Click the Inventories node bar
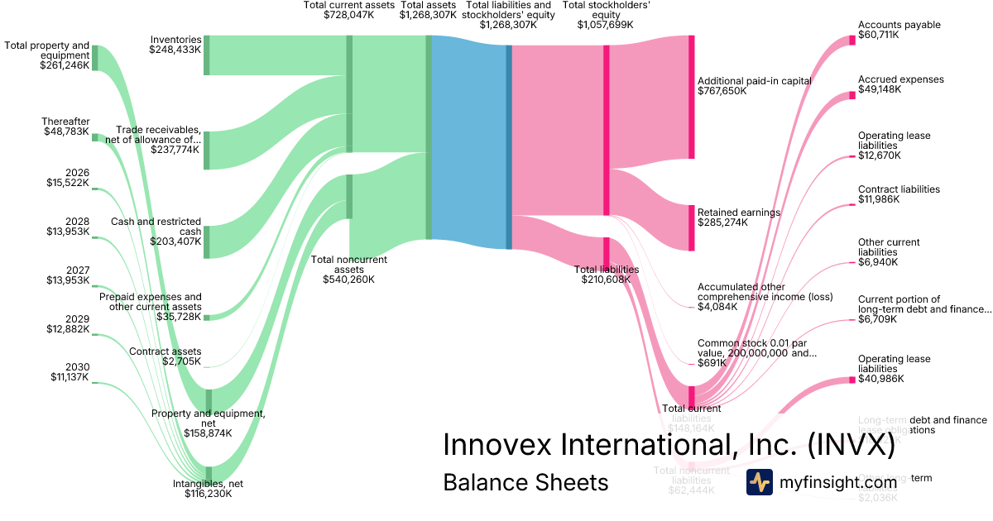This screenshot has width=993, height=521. [207, 55]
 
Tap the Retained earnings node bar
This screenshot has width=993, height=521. [692, 227]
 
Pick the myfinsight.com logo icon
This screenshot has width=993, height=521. [760, 482]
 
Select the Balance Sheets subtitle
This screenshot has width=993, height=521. [525, 482]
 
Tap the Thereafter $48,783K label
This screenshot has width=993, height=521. [66, 127]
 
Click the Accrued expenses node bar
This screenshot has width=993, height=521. [851, 95]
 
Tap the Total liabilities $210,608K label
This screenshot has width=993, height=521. [607, 275]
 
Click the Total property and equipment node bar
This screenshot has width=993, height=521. [95, 58]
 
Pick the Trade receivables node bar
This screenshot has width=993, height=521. [207, 150]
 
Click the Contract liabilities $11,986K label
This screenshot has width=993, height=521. [899, 194]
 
